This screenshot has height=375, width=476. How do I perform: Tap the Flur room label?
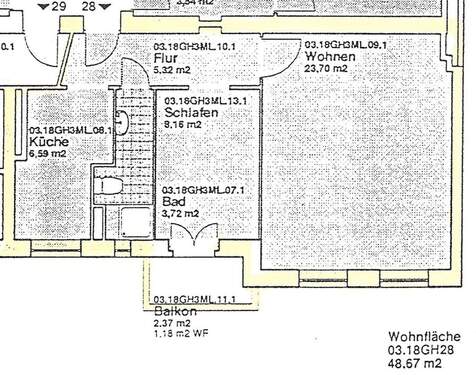[x=164, y=58]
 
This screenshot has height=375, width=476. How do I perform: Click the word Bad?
[x=172, y=201]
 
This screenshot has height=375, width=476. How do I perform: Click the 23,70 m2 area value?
[x=326, y=69]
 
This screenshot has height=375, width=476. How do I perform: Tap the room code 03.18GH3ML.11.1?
[x=194, y=299]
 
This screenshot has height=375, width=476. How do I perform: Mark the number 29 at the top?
[x=59, y=6]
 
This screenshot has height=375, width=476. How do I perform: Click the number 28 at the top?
[x=89, y=6]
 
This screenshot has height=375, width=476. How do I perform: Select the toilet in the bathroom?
[x=109, y=186]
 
